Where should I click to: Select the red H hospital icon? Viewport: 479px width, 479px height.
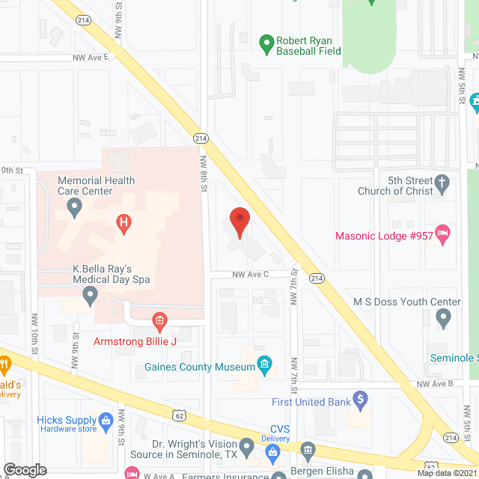coord(123,222)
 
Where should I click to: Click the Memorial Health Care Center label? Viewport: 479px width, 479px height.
coord(85,186)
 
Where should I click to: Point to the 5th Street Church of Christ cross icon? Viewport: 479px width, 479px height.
coord(442,182)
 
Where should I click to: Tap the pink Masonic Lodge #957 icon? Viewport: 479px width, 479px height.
coord(442,235)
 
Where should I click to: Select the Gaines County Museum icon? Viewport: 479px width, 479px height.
coord(264,365)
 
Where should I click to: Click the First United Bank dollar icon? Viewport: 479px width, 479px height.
coord(361,399)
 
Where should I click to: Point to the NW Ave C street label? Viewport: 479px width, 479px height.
coord(251,275)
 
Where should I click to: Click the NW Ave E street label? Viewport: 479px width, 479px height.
coord(91,57)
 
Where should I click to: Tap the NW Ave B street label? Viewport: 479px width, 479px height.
coord(436,384)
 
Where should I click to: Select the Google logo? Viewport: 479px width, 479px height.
coord(25,470)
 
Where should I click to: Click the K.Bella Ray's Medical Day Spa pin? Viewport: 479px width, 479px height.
coord(91,297)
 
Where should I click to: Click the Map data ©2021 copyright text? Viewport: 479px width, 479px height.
coord(446,473)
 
